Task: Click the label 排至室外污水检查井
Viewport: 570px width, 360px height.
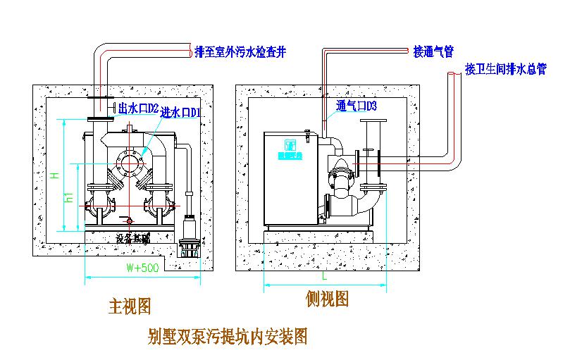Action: pyautogui.click(x=240, y=51)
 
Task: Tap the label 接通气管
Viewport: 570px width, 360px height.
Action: pyautogui.click(x=433, y=51)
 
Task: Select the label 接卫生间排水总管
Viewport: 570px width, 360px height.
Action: pyautogui.click(x=506, y=69)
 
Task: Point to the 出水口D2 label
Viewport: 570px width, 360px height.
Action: pyautogui.click(x=139, y=108)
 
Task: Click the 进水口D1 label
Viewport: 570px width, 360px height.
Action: pyautogui.click(x=182, y=113)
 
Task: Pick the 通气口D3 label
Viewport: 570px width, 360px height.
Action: pyautogui.click(x=357, y=107)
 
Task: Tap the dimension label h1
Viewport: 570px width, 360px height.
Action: pyautogui.click(x=69, y=197)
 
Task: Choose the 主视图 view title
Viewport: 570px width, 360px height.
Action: pyautogui.click(x=130, y=306)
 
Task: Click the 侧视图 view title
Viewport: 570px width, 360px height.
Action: pyautogui.click(x=327, y=299)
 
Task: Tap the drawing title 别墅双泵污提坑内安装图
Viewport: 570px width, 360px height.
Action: pyautogui.click(x=228, y=336)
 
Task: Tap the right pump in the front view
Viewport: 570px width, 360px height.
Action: pyautogui.click(x=159, y=204)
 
